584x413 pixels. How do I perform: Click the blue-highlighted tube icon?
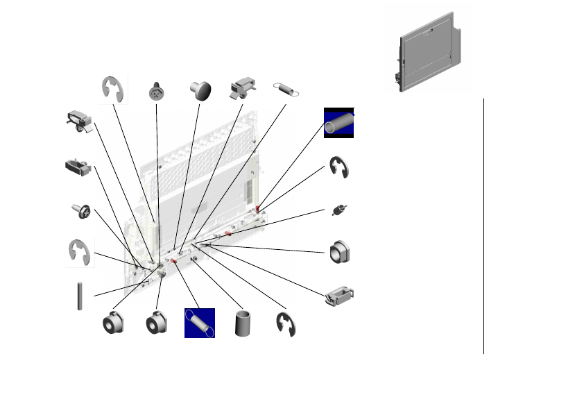click(x=339, y=123)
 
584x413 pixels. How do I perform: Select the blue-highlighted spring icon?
click(x=200, y=323)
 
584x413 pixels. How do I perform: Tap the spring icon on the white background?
click(x=286, y=88)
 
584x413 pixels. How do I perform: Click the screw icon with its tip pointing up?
click(x=157, y=90)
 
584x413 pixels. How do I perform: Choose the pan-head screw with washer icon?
click(x=80, y=210)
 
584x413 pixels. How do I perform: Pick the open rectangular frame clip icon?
click(x=340, y=296)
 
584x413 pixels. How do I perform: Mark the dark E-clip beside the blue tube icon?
click(x=339, y=168)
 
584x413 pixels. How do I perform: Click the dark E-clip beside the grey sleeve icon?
click(x=286, y=324)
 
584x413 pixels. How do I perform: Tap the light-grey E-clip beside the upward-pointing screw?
click(x=113, y=90)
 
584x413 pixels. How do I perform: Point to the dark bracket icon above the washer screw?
click(x=76, y=167)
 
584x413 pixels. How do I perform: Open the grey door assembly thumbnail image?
click(x=428, y=51)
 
